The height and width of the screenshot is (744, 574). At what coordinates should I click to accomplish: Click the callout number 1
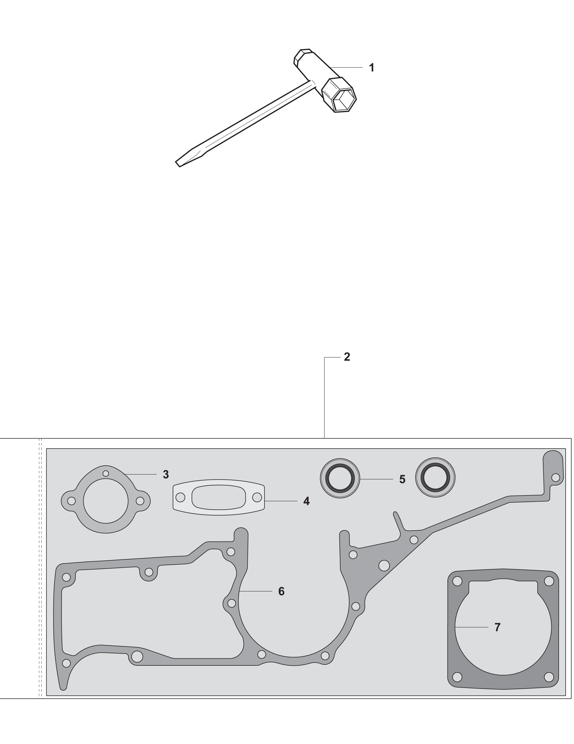tap(372, 68)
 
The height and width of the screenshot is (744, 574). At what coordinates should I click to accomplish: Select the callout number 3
tap(166, 475)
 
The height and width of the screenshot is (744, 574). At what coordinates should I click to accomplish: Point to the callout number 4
tap(307, 501)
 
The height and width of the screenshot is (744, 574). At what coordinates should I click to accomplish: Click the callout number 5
tap(402, 479)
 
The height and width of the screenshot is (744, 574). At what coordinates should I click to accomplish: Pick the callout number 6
tap(281, 591)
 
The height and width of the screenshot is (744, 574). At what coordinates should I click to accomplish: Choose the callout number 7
tap(498, 627)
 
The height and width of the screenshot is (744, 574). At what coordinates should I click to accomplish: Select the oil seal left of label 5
tap(340, 478)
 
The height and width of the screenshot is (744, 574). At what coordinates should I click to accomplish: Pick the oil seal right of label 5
tap(435, 477)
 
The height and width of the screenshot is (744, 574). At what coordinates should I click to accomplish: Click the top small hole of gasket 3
tap(106, 473)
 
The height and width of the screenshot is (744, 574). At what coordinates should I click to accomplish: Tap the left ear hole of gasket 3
tap(71, 501)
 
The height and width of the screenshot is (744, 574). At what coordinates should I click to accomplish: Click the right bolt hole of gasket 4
tap(257, 498)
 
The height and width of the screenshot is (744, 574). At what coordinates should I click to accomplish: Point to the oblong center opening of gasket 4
tap(219, 498)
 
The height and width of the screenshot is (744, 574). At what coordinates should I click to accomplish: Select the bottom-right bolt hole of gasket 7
tap(549, 677)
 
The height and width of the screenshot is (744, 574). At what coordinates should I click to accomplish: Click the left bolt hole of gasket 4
tap(180, 498)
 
